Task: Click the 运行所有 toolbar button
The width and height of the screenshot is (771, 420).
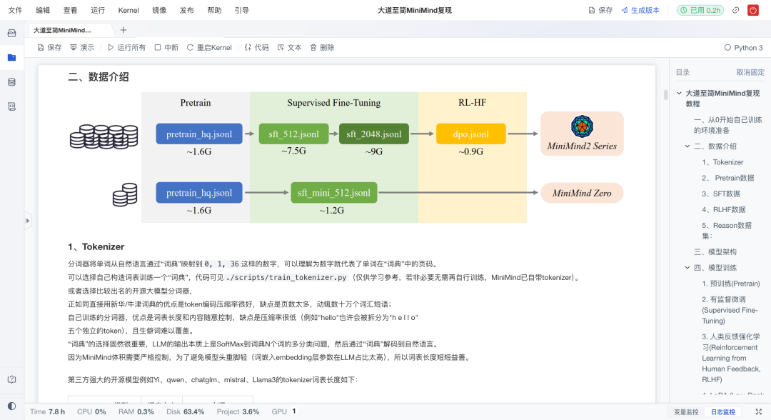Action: [126, 48]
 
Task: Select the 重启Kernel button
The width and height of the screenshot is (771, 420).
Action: [209, 48]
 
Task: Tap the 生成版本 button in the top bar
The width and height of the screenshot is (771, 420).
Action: [640, 11]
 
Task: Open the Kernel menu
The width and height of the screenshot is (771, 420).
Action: [128, 11]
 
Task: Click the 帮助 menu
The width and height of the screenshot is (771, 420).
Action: [214, 11]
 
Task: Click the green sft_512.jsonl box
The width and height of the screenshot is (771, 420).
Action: [293, 134]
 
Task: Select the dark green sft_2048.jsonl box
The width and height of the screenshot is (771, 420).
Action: [374, 134]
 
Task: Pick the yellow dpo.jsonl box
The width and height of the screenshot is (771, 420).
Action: [470, 134]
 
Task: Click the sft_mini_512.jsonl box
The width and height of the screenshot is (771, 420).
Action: [334, 193]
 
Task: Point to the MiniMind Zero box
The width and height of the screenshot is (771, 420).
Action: [582, 193]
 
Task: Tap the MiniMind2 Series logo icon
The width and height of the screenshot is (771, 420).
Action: [582, 126]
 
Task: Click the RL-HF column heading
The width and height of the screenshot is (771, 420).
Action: [472, 103]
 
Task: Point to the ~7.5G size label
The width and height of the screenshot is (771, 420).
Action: [293, 151]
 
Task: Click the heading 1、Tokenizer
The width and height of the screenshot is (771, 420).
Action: [96, 247]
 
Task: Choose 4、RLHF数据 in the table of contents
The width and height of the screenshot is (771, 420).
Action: [723, 210]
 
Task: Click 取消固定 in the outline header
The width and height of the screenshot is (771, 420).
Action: [750, 73]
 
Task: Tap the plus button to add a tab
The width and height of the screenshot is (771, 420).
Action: [124, 30]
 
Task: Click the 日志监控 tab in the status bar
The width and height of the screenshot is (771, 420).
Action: [722, 412]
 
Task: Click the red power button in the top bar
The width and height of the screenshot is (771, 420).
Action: [753, 11]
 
